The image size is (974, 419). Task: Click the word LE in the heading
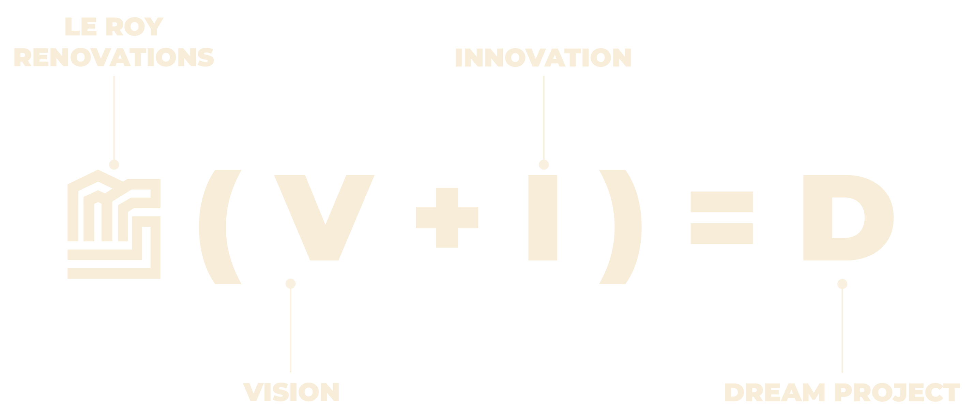(x=80, y=27)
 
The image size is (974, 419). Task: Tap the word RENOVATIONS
(x=114, y=58)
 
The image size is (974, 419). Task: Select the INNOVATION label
(x=543, y=58)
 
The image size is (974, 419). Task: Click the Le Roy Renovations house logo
(x=114, y=225)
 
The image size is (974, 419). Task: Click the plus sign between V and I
(x=447, y=218)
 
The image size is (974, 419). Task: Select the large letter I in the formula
(x=542, y=218)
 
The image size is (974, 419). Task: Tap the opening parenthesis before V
(x=214, y=227)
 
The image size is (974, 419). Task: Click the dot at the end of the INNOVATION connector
(x=544, y=165)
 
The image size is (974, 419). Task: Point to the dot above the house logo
(x=114, y=165)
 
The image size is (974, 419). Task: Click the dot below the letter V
(x=290, y=283)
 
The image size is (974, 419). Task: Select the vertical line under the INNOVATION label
(x=544, y=117)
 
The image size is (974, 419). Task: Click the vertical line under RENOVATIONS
(x=114, y=117)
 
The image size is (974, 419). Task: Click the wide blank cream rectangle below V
(x=182, y=375)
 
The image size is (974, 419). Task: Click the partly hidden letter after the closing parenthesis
(x=694, y=218)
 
